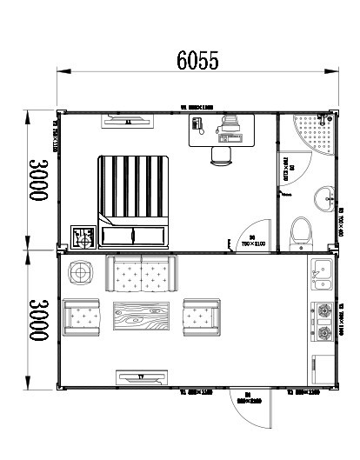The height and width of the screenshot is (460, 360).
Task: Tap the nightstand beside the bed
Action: click(85, 236)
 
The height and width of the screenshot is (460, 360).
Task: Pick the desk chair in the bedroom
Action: click(222, 154)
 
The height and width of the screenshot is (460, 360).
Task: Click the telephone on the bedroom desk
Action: click(199, 127)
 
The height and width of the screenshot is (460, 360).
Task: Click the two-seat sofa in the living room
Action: click(141, 274)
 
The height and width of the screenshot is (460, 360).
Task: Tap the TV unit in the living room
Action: click(139, 377)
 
